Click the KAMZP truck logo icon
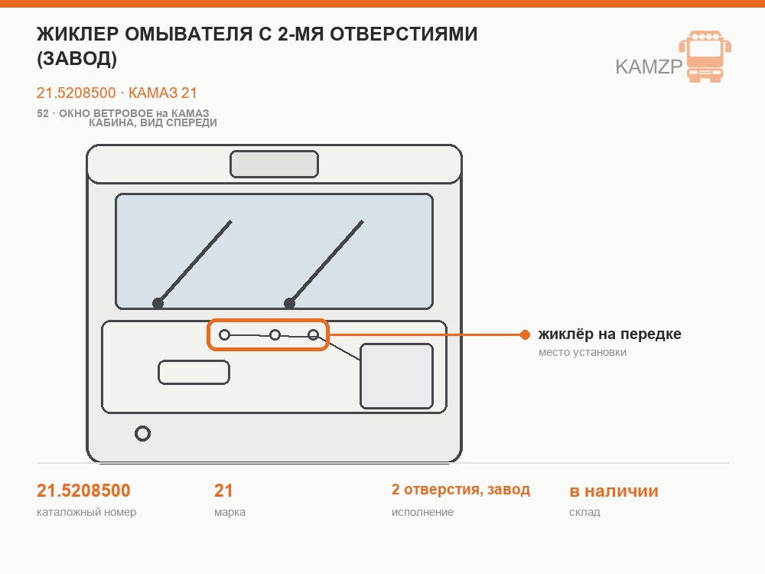pyautogui.click(x=705, y=56)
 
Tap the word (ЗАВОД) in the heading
pyautogui.click(x=77, y=59)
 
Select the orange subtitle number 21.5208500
pyautogui.click(x=76, y=93)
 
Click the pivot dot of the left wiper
pyautogui.click(x=158, y=304)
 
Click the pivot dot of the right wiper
pyautogui.click(x=289, y=304)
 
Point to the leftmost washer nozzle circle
pyautogui.click(x=224, y=335)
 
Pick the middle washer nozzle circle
pyautogui.click(x=275, y=335)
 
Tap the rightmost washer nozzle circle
pyautogui.click(x=313, y=335)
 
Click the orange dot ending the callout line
pyautogui.click(x=525, y=334)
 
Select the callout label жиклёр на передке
pyautogui.click(x=610, y=334)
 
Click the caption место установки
pyautogui.click(x=582, y=352)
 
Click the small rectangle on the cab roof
pyautogui.click(x=274, y=164)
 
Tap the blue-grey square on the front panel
pyautogui.click(x=396, y=376)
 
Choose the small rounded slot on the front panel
pyautogui.click(x=194, y=373)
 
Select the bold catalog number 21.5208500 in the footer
pyautogui.click(x=83, y=491)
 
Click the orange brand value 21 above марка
pyautogui.click(x=223, y=491)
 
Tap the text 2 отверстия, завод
pyautogui.click(x=461, y=490)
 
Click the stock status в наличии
pyautogui.click(x=614, y=491)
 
